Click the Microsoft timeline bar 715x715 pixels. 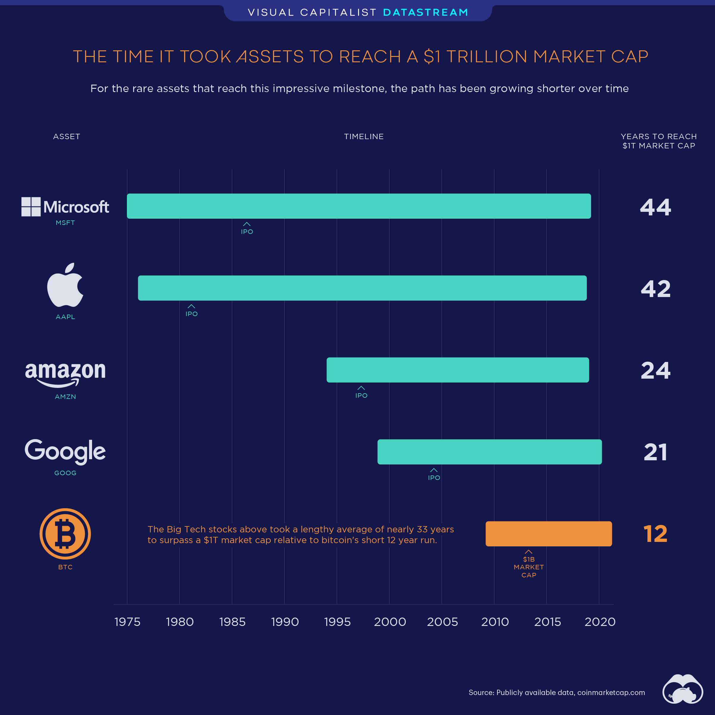coord(359,206)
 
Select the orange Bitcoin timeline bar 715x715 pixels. coord(548,534)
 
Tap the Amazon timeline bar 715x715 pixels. coord(457,370)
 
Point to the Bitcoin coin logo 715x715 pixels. coord(65,534)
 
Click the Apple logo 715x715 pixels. coord(65,285)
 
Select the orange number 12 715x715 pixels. coord(655,534)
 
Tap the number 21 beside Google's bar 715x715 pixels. coord(655,452)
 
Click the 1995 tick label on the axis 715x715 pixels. coord(337,622)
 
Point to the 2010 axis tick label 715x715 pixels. coord(495,622)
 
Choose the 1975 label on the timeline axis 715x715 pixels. coord(127,622)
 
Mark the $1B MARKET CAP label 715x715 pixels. coord(529,567)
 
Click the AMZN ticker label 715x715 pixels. coord(65,396)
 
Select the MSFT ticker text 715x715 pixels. coord(65,223)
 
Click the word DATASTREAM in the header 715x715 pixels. coord(426,12)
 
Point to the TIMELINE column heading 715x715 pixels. coord(363,136)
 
